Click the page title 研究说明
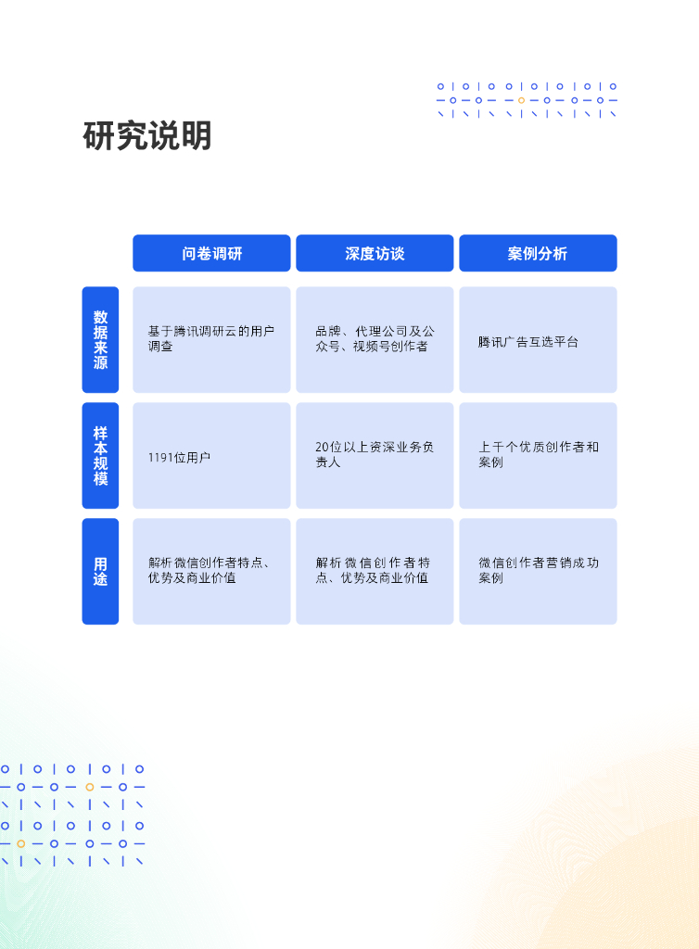tap(147, 136)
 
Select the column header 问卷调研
tap(211, 253)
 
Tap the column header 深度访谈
tap(375, 253)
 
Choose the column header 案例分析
tap(538, 253)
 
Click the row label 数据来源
tap(100, 339)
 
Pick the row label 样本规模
tap(100, 455)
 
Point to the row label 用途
tap(100, 571)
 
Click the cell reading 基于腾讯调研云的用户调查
tap(211, 339)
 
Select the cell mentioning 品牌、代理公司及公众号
tap(375, 339)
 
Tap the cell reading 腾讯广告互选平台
tap(538, 341)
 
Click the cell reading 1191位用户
tap(211, 456)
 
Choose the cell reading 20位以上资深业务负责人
tap(375, 455)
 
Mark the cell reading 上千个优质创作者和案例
tap(538, 455)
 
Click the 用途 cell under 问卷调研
tap(211, 571)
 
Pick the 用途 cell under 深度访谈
tap(375, 571)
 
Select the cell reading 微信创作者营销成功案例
tap(538, 571)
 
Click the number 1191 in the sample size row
tap(160, 457)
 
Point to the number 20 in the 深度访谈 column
tap(322, 448)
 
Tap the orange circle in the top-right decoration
tap(521, 100)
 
